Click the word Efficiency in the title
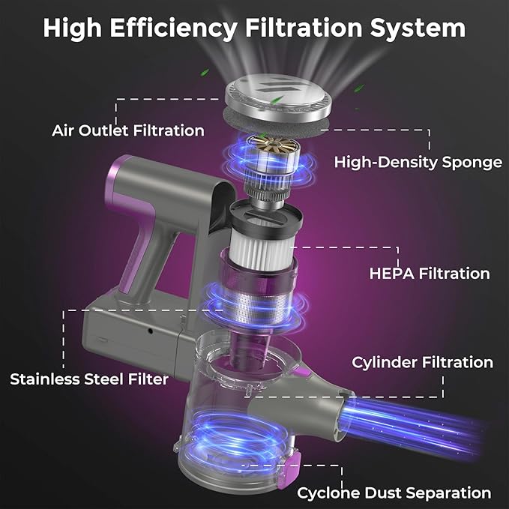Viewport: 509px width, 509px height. point(173,28)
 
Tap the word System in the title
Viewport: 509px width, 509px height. point(418,28)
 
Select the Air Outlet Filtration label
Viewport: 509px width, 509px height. point(128,130)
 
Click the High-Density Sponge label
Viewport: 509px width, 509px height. point(418,162)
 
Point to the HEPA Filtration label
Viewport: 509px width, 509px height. point(430,274)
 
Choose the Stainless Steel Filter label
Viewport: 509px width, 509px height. point(89,379)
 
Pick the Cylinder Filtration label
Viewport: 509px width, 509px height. point(422,363)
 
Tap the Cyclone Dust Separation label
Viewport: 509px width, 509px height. point(394,493)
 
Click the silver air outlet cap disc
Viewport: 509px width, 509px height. point(279,97)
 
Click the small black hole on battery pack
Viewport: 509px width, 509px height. point(150,331)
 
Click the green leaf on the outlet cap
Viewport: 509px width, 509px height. point(276,99)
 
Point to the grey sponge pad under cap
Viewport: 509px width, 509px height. point(277,124)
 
